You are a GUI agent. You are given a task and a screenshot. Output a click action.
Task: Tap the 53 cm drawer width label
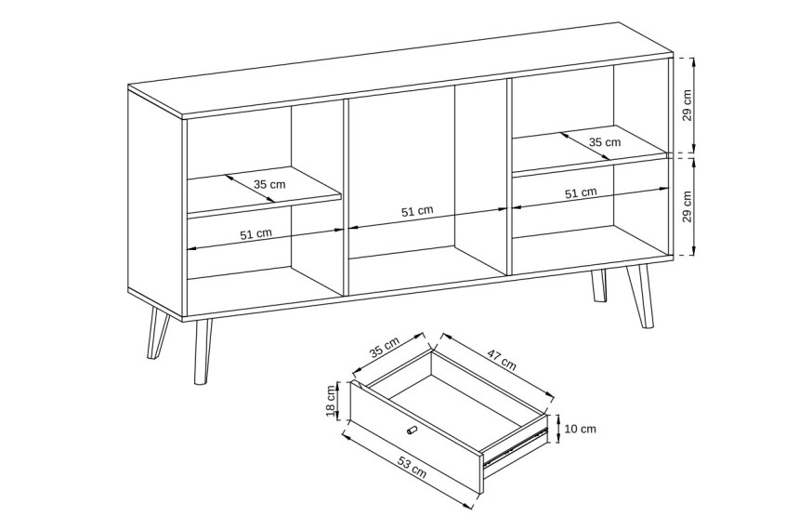click(412, 468)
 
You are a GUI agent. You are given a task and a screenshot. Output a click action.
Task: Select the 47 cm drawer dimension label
click(502, 359)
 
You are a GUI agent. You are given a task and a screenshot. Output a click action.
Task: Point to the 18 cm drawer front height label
click(332, 400)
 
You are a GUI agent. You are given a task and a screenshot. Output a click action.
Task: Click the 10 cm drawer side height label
click(581, 429)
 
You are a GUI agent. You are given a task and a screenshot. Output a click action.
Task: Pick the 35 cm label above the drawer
click(385, 349)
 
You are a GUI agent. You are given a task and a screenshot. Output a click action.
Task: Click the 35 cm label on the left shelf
click(269, 184)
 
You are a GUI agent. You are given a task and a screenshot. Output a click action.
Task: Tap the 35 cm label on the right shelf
click(605, 142)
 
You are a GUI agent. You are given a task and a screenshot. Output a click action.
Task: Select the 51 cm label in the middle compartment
click(417, 211)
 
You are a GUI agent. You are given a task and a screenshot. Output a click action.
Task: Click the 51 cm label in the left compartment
click(255, 234)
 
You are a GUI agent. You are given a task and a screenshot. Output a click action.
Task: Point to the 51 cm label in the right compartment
click(581, 192)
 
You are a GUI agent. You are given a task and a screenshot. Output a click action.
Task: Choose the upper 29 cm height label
click(688, 105)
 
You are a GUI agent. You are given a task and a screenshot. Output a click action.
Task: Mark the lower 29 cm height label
click(688, 206)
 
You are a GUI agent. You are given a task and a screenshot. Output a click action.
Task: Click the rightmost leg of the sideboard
click(641, 297)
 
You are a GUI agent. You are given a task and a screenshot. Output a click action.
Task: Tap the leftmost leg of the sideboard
click(157, 333)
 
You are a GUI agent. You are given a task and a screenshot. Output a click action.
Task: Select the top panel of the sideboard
click(400, 71)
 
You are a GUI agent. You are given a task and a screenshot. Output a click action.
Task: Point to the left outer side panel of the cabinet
click(155, 203)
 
